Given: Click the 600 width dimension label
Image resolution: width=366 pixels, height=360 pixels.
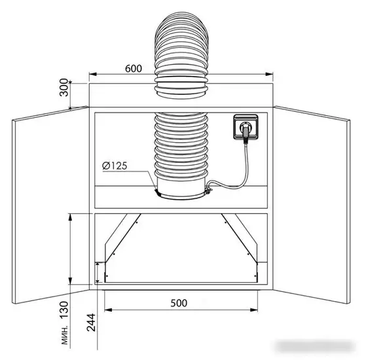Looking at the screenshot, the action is pyautogui.click(x=134, y=69).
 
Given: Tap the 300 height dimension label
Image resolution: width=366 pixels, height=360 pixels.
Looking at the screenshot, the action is pyautogui.click(x=64, y=88).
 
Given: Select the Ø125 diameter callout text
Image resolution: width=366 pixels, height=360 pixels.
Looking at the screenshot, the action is pyautogui.click(x=115, y=166).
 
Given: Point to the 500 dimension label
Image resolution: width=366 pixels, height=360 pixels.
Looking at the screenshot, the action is pyautogui.click(x=179, y=303).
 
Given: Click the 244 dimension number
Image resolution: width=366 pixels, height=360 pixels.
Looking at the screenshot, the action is pyautogui.click(x=91, y=323).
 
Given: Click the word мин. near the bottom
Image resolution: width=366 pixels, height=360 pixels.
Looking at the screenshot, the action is pyautogui.click(x=65, y=335).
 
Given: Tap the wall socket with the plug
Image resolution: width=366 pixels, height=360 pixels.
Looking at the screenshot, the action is pyautogui.click(x=246, y=127).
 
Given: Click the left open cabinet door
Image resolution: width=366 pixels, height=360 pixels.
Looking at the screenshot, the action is pyautogui.click(x=50, y=205).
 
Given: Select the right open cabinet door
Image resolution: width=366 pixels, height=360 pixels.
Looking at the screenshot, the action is pyautogui.click(x=312, y=205).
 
